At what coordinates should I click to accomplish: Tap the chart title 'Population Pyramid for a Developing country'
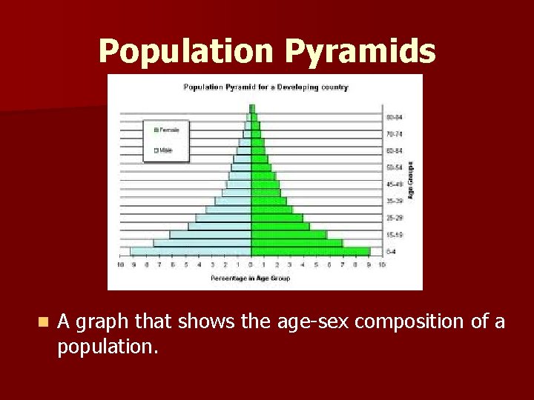(x=266, y=87)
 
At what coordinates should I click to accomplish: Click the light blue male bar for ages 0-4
(x=191, y=252)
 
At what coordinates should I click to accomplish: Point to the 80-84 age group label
(x=394, y=117)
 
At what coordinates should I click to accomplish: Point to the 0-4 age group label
(x=391, y=252)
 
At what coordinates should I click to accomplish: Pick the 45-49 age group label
(x=394, y=184)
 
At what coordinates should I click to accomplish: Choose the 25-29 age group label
(x=394, y=219)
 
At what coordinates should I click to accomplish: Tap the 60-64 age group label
(x=394, y=150)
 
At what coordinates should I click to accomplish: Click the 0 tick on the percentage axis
(x=251, y=264)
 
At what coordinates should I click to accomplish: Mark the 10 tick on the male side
(x=120, y=264)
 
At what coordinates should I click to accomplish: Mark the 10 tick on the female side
(x=382, y=264)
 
